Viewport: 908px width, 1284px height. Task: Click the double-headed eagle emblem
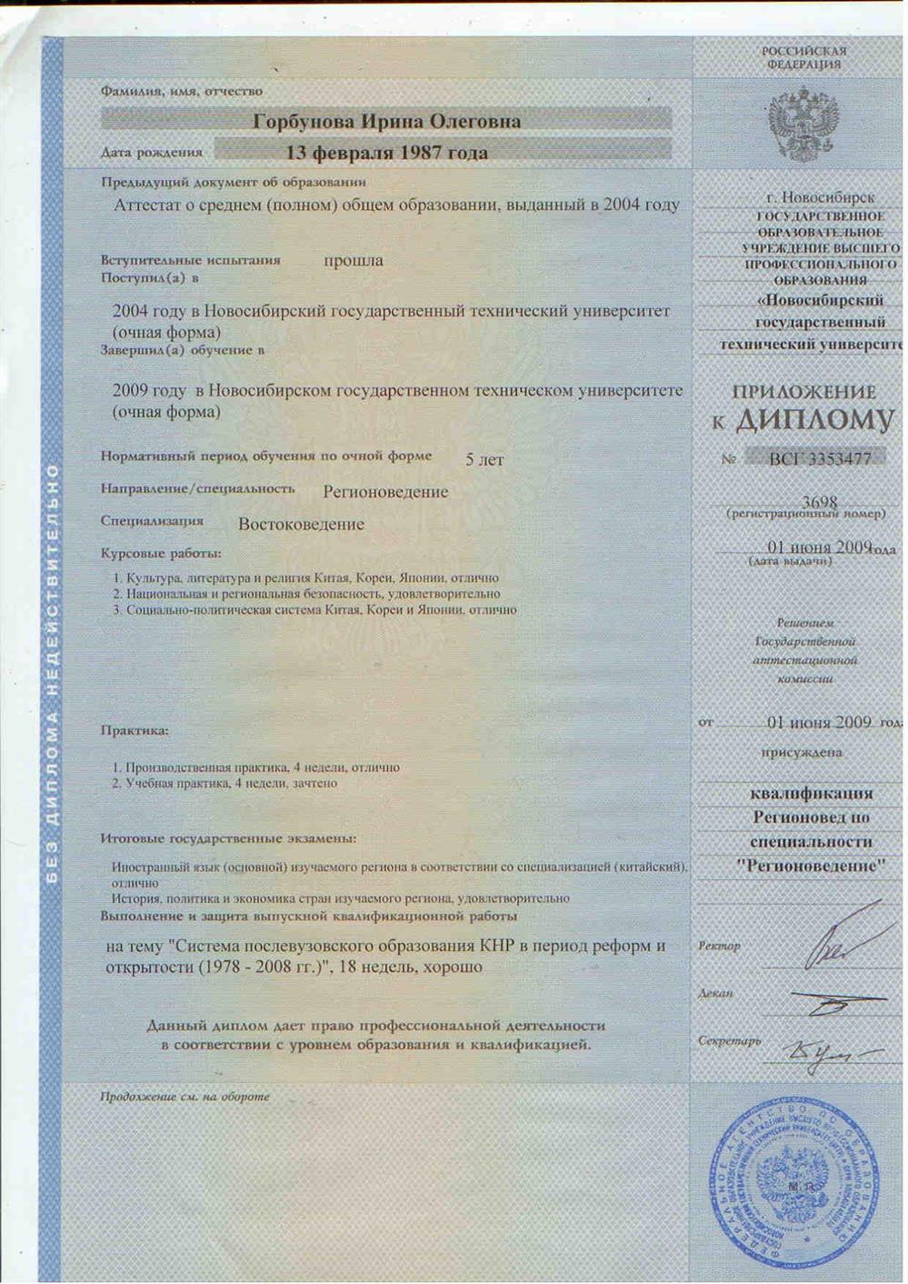click(803, 124)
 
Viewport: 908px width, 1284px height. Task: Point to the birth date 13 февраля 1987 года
click(386, 153)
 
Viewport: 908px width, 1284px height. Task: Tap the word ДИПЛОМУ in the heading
click(814, 420)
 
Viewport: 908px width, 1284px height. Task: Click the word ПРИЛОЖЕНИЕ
click(803, 392)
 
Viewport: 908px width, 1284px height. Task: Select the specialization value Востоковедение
click(301, 525)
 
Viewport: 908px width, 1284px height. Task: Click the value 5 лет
click(484, 460)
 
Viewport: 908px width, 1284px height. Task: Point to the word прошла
click(354, 261)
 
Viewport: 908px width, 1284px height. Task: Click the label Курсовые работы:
click(161, 553)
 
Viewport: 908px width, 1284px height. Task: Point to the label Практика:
click(135, 730)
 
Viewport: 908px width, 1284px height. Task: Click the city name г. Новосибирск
click(820, 197)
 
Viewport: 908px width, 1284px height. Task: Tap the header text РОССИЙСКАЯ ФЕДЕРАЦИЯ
click(803, 57)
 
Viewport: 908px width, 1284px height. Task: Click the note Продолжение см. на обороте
click(185, 1097)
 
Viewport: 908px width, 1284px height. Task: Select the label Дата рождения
click(152, 153)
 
